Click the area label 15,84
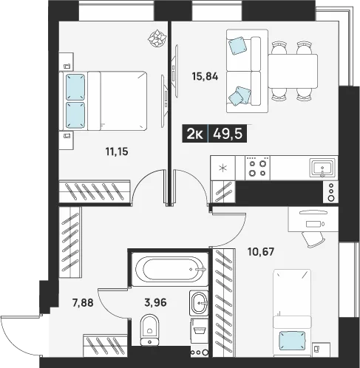pos(205,77)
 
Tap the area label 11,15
pos(117,151)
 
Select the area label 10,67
pos(261,252)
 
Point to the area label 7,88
pos(83,303)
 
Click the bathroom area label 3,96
pos(155,302)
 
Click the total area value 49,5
pos(228,134)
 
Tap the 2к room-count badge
pos(195,134)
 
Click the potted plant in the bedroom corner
pos(156,38)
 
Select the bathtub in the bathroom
pos(170,269)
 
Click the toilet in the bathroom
pos(149,330)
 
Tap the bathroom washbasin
pos(199,303)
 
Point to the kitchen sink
pos(322,168)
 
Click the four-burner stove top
pos(257,168)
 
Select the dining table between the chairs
pos(293,71)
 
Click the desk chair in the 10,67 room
pos(313,239)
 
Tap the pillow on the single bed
pos(292,341)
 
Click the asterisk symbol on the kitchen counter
pos(223,168)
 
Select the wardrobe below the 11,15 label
pos(95,191)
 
